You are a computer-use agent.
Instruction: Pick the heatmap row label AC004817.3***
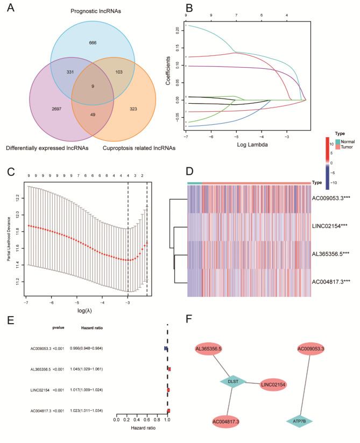click(333, 281)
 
